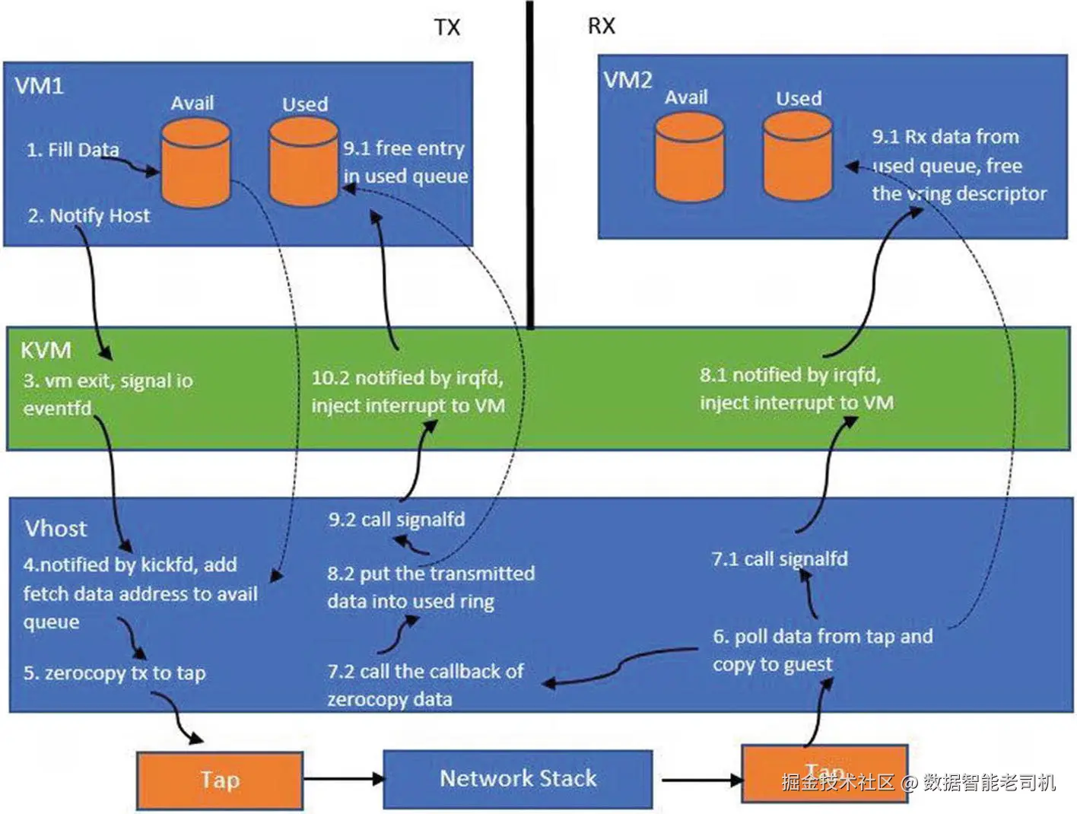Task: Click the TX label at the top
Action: coord(447,27)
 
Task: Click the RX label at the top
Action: coord(601,26)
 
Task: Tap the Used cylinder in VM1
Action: coord(303,162)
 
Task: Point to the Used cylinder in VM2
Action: coord(798,157)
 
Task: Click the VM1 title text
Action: coord(39,85)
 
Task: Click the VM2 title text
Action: coord(627,80)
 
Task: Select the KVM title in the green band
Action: coord(46,350)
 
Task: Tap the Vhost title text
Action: coord(56,528)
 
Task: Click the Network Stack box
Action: coord(518,778)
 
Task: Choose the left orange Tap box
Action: coord(220,780)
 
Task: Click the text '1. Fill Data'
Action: coord(72,150)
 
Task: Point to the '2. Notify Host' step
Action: coord(88,216)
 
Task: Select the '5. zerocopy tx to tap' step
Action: coord(114,673)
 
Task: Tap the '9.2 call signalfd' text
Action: coord(396,520)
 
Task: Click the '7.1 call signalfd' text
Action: coord(780,559)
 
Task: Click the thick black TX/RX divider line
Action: coord(530,164)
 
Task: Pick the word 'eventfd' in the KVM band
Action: coord(57,409)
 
